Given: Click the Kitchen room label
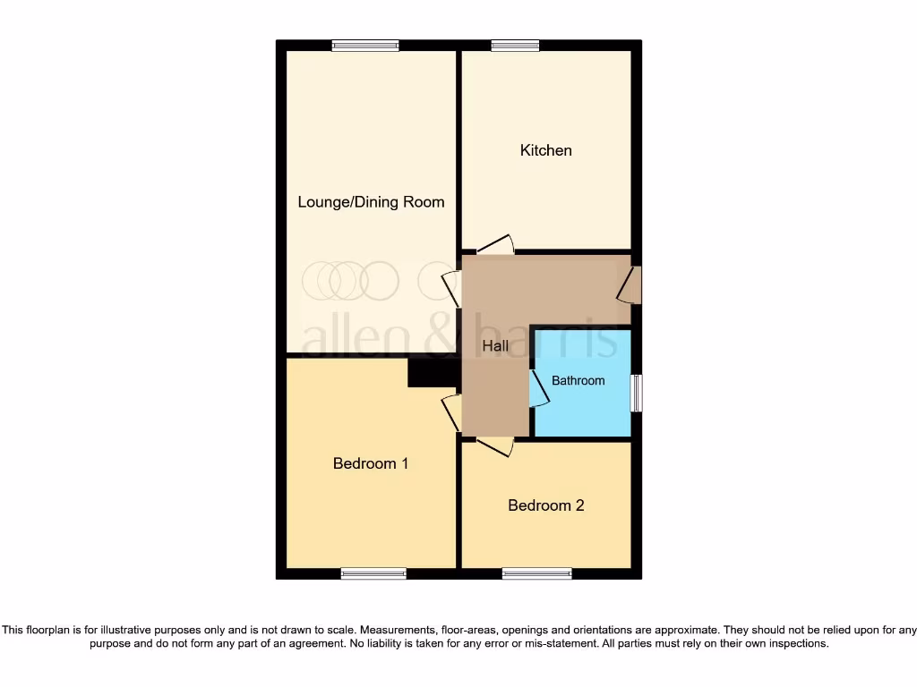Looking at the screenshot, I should [x=545, y=150].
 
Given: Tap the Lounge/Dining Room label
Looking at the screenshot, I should [x=371, y=202].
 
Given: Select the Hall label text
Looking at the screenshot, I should [x=495, y=346].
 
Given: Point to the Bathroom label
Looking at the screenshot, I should [x=578, y=381].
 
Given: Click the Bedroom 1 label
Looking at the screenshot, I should [x=371, y=463].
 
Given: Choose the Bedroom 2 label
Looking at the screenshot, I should [x=545, y=505].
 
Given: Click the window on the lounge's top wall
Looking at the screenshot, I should [x=364, y=46].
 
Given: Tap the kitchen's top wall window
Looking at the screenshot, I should [x=515, y=46].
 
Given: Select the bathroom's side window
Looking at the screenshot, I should [x=636, y=393].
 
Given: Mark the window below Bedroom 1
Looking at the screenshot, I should [x=373, y=573].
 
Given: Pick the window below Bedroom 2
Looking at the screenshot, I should [x=536, y=573].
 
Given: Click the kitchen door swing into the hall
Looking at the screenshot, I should [x=495, y=245].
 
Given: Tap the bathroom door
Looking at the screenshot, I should [x=539, y=389].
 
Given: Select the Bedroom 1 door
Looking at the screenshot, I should [x=452, y=413].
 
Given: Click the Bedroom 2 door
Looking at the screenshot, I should [x=495, y=446].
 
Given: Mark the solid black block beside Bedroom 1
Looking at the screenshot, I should [x=433, y=373].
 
